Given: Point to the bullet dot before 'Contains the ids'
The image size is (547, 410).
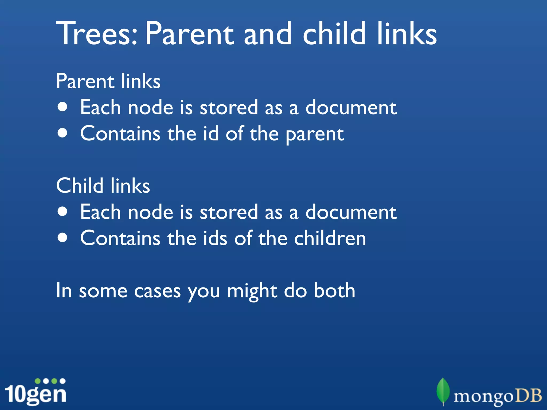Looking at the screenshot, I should point(62,238).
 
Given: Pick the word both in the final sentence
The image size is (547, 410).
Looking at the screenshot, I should point(334,290).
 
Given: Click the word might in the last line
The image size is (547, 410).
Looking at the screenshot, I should point(252,291).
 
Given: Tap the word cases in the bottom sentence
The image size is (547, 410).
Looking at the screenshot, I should point(157,291).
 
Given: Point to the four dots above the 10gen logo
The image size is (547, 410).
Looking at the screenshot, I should point(50,381).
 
